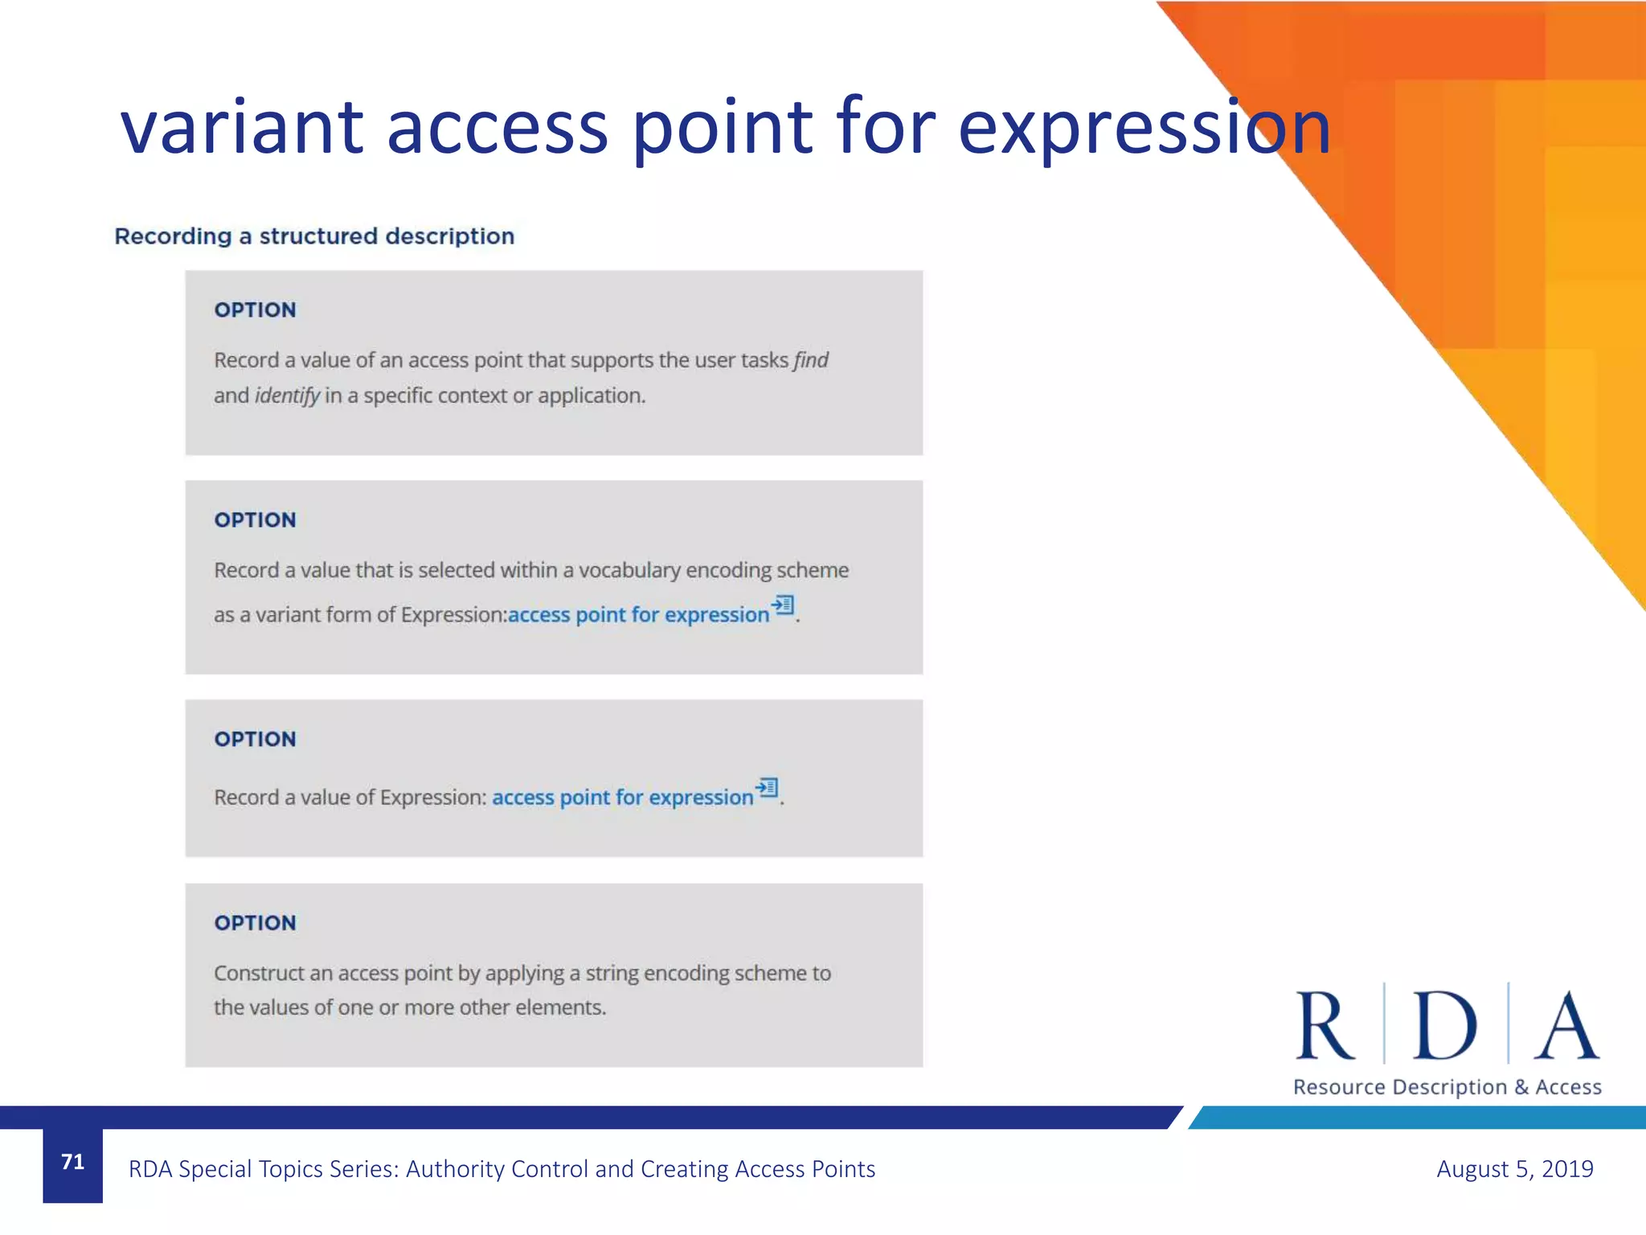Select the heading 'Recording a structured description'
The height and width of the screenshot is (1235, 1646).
point(314,236)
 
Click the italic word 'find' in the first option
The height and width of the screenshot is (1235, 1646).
point(811,360)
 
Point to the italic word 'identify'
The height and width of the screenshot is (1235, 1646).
point(287,396)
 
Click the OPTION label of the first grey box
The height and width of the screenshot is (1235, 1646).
point(255,310)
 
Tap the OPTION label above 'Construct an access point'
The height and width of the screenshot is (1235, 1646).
point(255,923)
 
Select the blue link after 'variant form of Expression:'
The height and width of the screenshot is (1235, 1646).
point(638,615)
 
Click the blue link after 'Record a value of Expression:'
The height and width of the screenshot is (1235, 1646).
point(622,798)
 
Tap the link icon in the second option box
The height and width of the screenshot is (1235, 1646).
point(783,605)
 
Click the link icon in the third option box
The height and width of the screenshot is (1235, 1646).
point(767,787)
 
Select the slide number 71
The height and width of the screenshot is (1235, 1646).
point(72,1162)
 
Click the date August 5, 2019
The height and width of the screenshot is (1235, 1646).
point(1514,1169)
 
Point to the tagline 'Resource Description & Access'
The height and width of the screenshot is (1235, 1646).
point(1447,1087)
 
